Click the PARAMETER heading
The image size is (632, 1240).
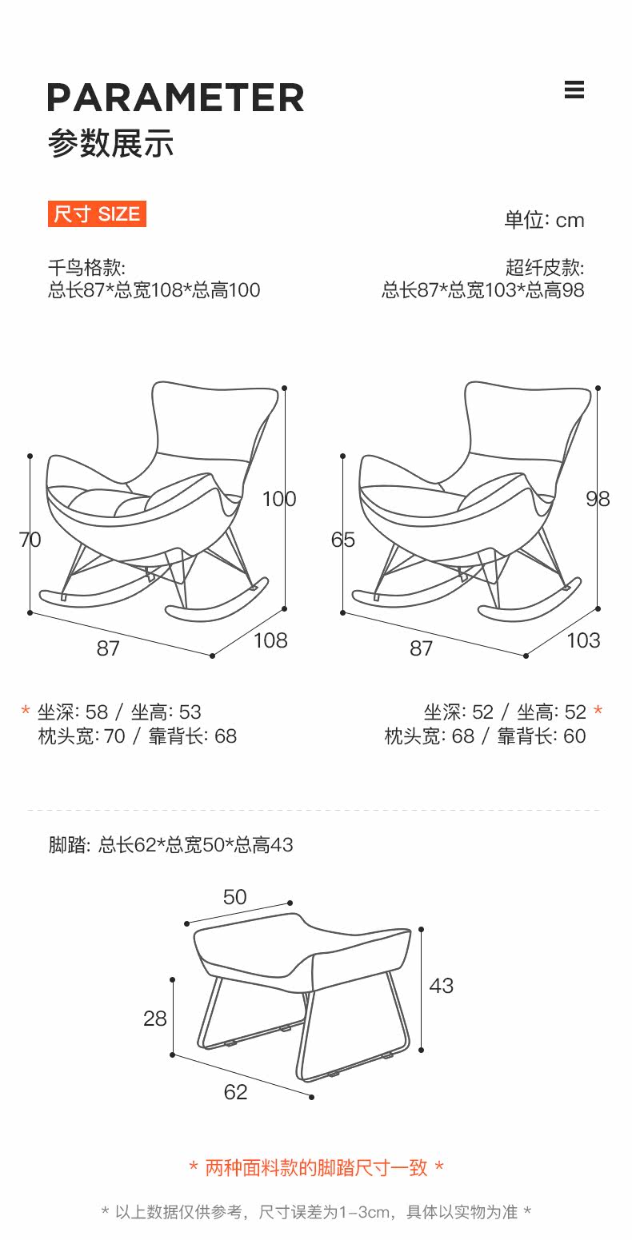pyautogui.click(x=175, y=98)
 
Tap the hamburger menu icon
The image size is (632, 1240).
pyautogui.click(x=574, y=90)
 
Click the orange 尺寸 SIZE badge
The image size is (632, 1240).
pyautogui.click(x=97, y=214)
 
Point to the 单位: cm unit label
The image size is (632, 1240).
pyautogui.click(x=544, y=221)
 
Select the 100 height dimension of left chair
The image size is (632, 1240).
pyautogui.click(x=278, y=499)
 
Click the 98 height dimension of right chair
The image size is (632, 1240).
pyautogui.click(x=598, y=499)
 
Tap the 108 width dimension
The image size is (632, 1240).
pyautogui.click(x=270, y=640)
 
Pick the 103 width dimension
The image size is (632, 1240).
pyautogui.click(x=582, y=640)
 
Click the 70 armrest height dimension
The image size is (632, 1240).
pyautogui.click(x=30, y=540)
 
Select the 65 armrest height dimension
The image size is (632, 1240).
pyautogui.click(x=342, y=540)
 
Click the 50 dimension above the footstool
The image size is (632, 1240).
pyautogui.click(x=234, y=897)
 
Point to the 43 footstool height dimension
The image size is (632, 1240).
pyautogui.click(x=441, y=986)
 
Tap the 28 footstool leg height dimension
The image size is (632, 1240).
pyautogui.click(x=155, y=1019)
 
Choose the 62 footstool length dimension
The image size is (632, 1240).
pyautogui.click(x=235, y=1092)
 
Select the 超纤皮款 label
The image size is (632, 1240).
pyautogui.click(x=544, y=268)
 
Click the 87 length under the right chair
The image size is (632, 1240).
pyautogui.click(x=421, y=648)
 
